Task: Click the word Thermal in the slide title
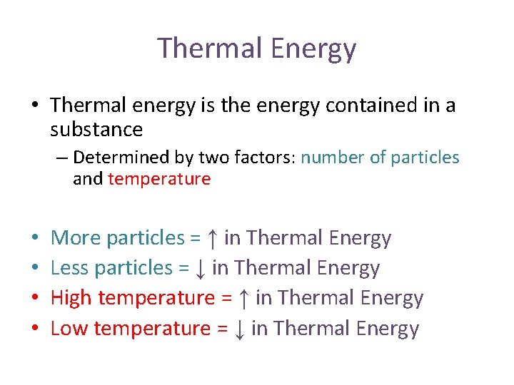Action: tap(211, 48)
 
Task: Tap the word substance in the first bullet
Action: tap(96, 130)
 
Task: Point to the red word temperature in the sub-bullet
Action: tap(159, 179)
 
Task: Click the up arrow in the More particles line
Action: tap(212, 238)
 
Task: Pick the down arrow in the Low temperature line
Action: tap(240, 329)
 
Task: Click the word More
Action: tap(76, 238)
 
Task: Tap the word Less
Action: tap(69, 269)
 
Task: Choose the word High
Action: tap(71, 299)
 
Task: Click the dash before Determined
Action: tap(62, 158)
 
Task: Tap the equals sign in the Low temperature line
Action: tap(222, 329)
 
